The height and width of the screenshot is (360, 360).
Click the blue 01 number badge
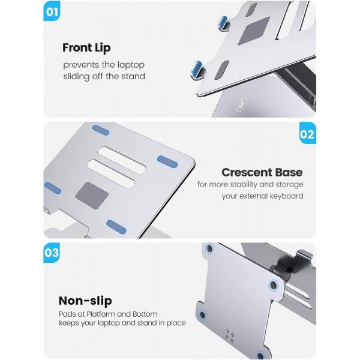(x=52, y=11)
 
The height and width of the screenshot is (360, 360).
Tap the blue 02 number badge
(x=308, y=133)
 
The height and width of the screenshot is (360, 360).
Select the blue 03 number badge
(x=52, y=253)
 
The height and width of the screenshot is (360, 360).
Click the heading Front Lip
(x=86, y=48)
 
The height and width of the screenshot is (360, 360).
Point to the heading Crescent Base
(x=262, y=172)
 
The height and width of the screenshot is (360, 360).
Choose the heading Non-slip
(x=85, y=301)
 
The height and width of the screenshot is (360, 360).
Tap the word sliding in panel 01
(x=77, y=76)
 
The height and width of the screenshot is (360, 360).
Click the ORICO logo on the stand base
(x=243, y=105)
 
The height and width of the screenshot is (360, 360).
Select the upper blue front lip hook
(x=223, y=23)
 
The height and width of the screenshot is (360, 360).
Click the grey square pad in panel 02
(x=92, y=196)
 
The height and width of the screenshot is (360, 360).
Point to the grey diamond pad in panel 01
(x=254, y=31)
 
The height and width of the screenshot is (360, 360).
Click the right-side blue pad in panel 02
(x=167, y=161)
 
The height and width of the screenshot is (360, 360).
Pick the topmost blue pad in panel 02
(x=101, y=130)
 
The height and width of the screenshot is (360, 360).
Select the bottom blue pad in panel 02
(x=116, y=227)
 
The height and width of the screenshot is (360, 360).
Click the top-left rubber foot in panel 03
(x=209, y=248)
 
